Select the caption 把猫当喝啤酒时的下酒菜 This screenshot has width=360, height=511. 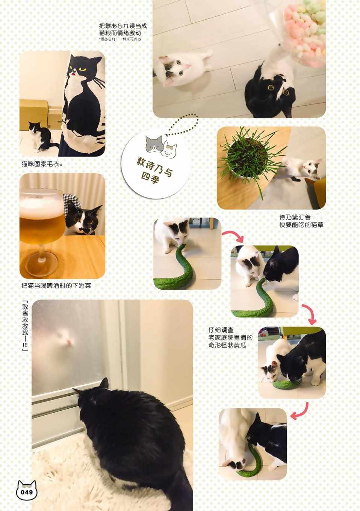point(56,286)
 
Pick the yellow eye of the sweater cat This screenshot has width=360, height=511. point(82,68)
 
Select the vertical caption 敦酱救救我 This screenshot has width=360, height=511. point(25,326)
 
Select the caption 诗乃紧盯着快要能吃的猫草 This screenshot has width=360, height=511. point(301,221)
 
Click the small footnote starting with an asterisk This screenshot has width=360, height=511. point(120,39)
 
